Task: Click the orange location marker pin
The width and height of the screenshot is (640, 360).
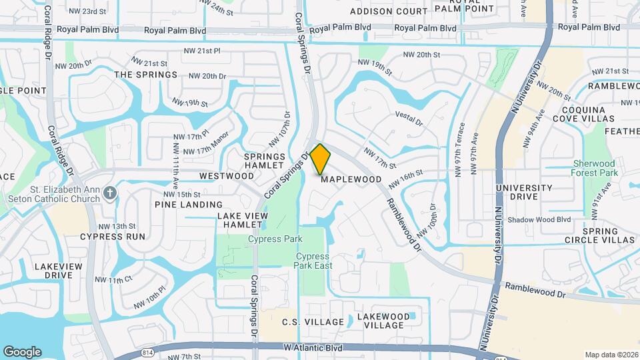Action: tap(320, 159)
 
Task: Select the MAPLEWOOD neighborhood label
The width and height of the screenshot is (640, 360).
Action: tap(351, 179)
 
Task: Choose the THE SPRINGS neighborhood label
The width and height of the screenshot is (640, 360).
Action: tap(146, 75)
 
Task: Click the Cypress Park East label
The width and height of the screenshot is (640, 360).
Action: tap(312, 261)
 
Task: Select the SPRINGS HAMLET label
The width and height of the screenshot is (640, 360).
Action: tap(265, 161)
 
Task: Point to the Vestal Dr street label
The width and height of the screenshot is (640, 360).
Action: tap(409, 119)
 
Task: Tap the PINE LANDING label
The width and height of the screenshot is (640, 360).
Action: tap(189, 205)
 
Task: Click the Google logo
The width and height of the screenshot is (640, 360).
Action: tap(22, 351)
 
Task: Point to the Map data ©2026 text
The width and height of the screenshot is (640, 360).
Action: tap(611, 355)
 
